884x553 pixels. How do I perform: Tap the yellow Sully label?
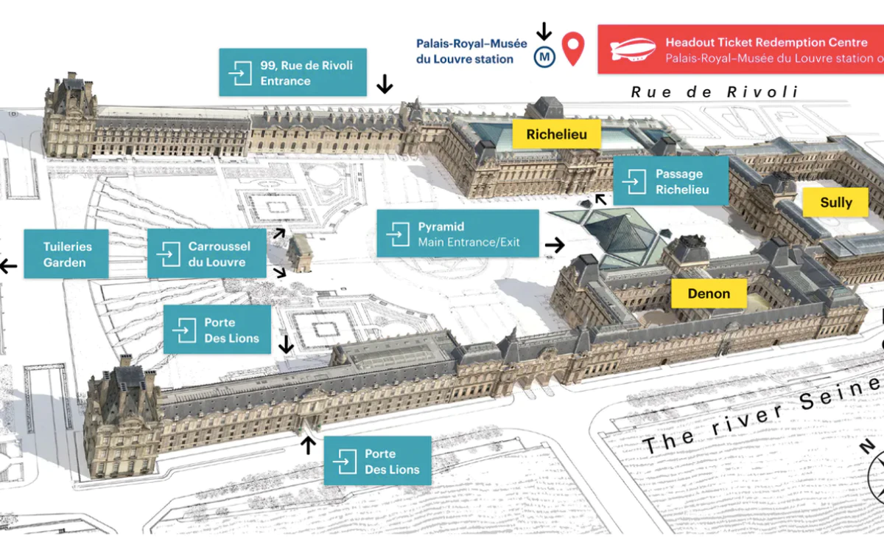pos(835,202)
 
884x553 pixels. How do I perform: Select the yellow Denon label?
pos(709,293)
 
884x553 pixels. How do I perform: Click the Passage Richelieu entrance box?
pos(670,181)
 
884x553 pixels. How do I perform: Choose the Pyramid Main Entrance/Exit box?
pos(457,234)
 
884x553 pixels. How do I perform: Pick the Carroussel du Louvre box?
pos(207,254)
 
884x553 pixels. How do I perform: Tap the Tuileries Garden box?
pos(66,254)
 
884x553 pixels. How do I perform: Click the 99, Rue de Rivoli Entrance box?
pos(292,72)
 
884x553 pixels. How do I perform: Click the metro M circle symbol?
pos(545,56)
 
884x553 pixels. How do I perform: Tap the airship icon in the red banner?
pos(634,49)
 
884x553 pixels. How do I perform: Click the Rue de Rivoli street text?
pos(715,92)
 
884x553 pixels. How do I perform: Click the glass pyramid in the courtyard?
pos(623,236)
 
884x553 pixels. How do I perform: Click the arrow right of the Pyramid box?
pos(555,245)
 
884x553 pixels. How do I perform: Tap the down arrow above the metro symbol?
pos(544,31)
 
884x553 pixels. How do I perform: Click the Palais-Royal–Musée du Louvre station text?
pos(471,51)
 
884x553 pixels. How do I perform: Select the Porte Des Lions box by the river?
pos(377,461)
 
